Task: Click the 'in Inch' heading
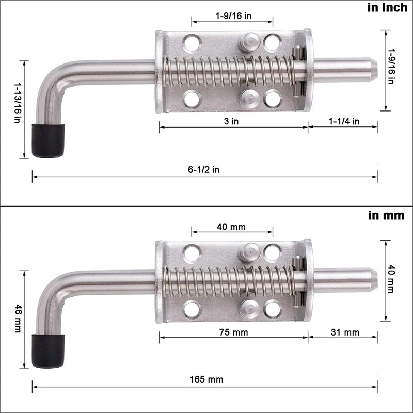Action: click(387, 8)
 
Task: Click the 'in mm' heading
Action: click(386, 215)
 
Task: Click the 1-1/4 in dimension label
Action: click(344, 122)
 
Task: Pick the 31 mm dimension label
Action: click(344, 332)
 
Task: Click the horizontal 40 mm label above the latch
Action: click(231, 227)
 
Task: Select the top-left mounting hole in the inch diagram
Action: click(193, 42)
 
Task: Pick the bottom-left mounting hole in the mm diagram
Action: click(193, 308)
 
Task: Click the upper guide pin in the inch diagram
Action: click(250, 41)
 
